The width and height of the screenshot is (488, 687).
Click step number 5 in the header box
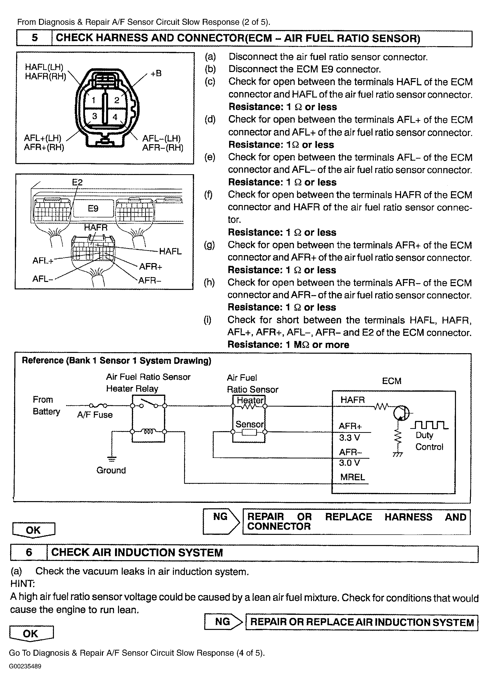tap(35, 38)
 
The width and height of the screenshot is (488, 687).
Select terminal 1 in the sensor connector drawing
tap(93, 100)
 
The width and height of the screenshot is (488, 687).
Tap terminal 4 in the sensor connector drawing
tap(115, 116)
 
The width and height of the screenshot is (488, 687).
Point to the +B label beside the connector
tap(156, 73)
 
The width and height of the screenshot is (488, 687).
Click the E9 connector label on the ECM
tap(93, 208)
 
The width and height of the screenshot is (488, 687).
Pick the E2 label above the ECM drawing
tap(77, 182)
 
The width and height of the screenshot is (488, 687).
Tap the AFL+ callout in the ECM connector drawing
tap(43, 261)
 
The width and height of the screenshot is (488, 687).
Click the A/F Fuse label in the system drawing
tap(95, 415)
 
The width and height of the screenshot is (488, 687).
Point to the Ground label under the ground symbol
tap(111, 470)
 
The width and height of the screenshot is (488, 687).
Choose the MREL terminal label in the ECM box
tap(353, 477)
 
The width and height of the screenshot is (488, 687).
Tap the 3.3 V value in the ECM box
tap(349, 438)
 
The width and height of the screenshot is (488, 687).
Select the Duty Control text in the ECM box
tap(429, 441)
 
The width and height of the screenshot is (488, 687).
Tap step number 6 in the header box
tap(29, 552)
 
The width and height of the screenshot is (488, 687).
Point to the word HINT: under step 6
tap(23, 584)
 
